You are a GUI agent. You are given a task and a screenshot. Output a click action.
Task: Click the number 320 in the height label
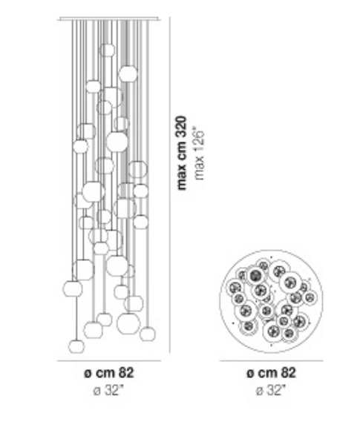coord(182,128)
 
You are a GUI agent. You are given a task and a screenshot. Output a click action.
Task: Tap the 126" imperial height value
coord(200,139)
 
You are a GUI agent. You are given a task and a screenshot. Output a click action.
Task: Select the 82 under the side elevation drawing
coord(127,372)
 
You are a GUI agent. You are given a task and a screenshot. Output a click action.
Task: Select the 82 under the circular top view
coord(289,372)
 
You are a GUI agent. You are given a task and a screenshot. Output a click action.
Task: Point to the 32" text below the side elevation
coord(114,390)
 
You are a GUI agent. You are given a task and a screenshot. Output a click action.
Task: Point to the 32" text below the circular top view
coord(276,390)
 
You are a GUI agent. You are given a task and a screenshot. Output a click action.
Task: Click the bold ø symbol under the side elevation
coord(88,374)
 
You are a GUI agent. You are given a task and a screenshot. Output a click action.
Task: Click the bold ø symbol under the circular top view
coord(250,374)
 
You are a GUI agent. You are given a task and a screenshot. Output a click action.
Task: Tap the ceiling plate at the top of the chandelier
coord(109,19)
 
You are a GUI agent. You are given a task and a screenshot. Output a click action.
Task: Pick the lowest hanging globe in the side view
coord(76,346)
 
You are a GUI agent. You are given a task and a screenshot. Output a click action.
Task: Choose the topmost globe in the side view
coord(107,50)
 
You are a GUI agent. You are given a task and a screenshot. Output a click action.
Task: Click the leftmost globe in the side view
coord(73,288)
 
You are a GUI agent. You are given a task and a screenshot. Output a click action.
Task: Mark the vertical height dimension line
coord(170,185)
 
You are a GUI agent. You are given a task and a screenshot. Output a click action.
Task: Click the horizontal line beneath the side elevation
coord(109,361)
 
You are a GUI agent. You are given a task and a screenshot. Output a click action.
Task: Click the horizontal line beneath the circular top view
coord(272,361)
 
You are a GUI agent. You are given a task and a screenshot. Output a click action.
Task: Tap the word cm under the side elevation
coord(106,374)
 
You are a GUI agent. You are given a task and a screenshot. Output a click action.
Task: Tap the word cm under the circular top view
coord(268,374)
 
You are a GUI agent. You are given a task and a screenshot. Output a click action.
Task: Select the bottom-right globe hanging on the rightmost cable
coord(148,334)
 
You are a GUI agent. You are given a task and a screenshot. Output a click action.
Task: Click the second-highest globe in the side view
coord(128,74)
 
